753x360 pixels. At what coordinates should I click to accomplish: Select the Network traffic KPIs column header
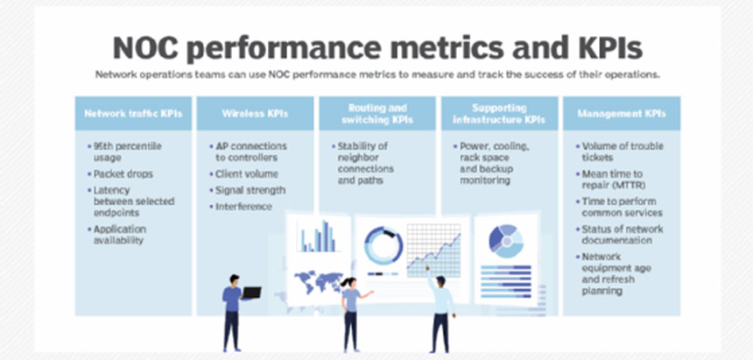pos(133,114)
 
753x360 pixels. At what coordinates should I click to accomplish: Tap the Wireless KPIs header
pos(255,114)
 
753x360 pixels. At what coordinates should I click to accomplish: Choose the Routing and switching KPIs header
pos(377,114)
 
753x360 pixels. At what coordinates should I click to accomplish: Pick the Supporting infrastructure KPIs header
pos(499,114)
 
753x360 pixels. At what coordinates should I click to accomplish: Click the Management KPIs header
pos(622,114)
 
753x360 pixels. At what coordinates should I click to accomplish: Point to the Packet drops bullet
pos(120,174)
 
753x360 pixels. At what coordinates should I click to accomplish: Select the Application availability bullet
pos(116,235)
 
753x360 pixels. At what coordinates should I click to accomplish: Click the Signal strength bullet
pos(247,190)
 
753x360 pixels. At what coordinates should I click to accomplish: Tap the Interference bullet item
pos(241,207)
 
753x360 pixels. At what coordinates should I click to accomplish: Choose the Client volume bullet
pos(244,174)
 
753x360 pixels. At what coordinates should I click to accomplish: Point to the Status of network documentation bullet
pos(620,235)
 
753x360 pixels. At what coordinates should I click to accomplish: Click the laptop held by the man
pos(251,293)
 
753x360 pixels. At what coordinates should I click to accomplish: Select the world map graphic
pos(319,281)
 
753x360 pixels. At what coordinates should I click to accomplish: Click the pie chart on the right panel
pos(506,241)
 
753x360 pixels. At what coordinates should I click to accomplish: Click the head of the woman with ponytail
pos(349,283)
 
